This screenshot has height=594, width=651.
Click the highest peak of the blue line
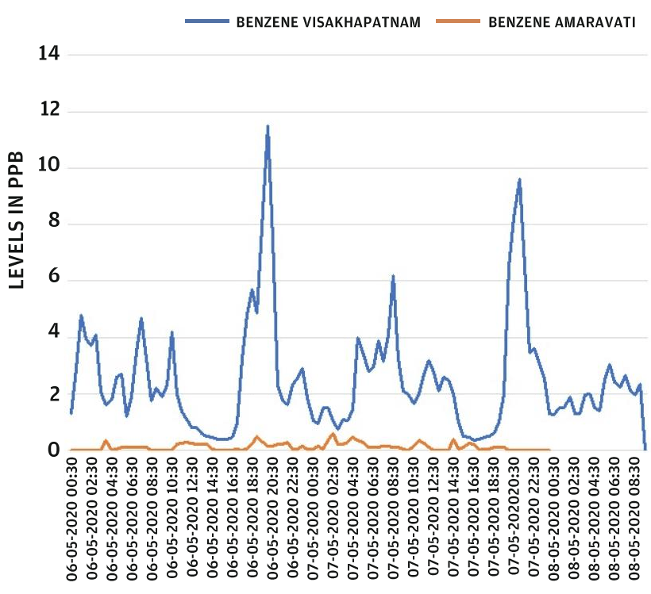coord(268,126)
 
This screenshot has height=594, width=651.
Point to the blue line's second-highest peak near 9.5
coord(519,180)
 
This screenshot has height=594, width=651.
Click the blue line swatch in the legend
coord(207,21)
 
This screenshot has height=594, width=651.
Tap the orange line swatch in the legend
coord(458,21)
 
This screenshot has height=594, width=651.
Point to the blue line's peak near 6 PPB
coord(393,277)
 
